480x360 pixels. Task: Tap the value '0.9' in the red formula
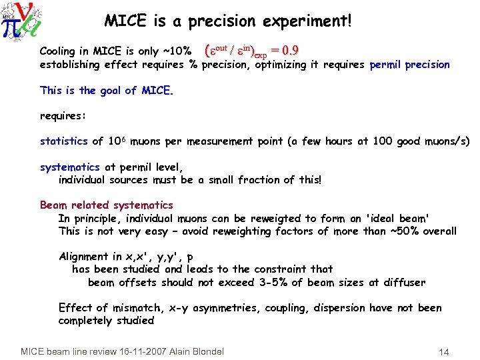click(x=289, y=51)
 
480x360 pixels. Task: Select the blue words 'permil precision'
click(x=409, y=65)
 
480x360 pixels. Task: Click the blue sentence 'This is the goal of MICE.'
click(x=107, y=91)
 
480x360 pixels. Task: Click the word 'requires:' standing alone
click(x=63, y=116)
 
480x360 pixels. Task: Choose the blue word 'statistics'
click(x=63, y=141)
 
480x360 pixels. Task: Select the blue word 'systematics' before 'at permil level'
click(x=69, y=167)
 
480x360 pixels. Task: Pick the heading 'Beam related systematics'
click(x=107, y=205)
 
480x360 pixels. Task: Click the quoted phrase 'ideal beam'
click(x=399, y=218)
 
